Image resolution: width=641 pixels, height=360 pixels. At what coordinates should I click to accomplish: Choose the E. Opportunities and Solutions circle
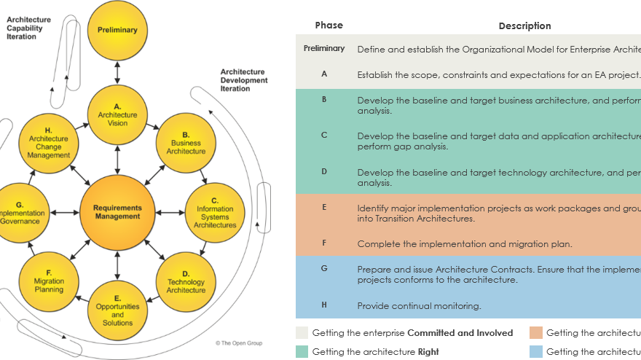(117, 309)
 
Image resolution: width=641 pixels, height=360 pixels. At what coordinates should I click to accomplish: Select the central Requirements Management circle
(117, 211)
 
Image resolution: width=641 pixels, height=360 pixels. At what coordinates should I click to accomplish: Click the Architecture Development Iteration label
(243, 80)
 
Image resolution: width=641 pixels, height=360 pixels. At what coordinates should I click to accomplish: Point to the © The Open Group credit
(238, 343)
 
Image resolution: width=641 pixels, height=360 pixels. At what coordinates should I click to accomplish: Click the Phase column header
(329, 26)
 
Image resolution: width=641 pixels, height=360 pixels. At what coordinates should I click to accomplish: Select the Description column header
(524, 26)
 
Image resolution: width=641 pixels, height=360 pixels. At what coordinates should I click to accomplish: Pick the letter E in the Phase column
(324, 207)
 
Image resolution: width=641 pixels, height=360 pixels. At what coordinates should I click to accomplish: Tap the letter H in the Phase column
(324, 305)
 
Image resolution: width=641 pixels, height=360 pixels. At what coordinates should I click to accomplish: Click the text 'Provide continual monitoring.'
(419, 306)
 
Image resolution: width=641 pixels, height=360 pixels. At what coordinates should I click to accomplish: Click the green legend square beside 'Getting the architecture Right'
(302, 351)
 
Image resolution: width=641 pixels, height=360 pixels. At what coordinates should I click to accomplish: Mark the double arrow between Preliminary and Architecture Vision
(117, 72)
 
